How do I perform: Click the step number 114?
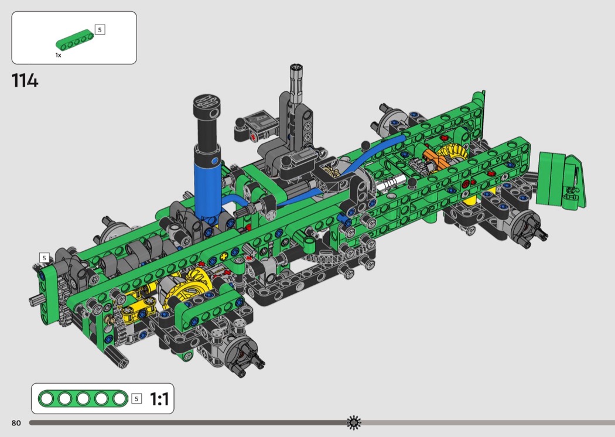click(25, 80)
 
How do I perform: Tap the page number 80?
click(16, 423)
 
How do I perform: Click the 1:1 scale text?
click(159, 399)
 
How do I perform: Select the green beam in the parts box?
click(75, 40)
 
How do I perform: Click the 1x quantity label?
click(58, 55)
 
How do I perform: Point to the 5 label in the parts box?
click(100, 29)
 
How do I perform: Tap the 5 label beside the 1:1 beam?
click(136, 399)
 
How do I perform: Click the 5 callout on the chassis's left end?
click(45, 258)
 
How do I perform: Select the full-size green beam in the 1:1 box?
click(83, 398)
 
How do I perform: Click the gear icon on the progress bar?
click(354, 422)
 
